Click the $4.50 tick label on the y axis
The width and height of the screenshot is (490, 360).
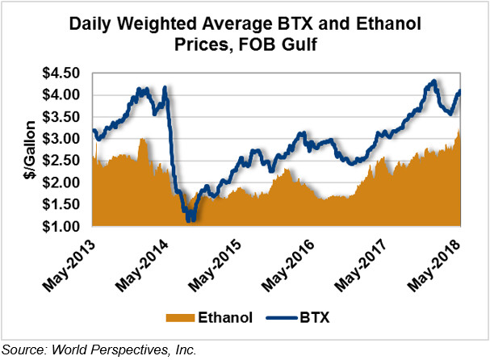(x=65, y=73)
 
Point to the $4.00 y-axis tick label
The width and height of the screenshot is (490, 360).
(x=65, y=94)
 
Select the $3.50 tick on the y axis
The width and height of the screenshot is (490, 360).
(x=65, y=116)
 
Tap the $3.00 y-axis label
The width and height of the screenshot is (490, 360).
(x=65, y=139)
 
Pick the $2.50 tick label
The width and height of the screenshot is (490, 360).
(x=65, y=161)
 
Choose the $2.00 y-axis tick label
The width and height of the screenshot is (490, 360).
(x=65, y=182)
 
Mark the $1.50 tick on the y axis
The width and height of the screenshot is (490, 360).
(x=65, y=204)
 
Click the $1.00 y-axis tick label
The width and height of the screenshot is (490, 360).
(x=65, y=227)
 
